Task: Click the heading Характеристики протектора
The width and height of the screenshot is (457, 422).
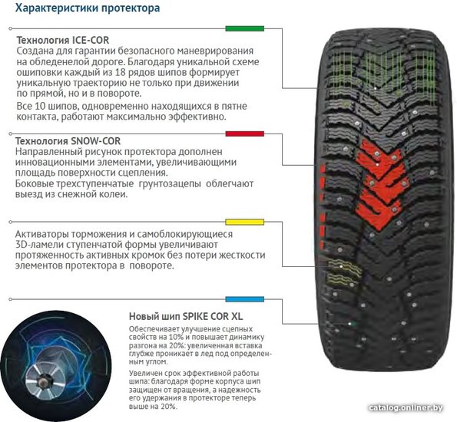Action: pyautogui.click(x=88, y=8)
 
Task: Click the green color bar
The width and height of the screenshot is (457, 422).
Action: pyautogui.click(x=244, y=28)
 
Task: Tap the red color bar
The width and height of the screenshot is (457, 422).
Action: pyautogui.click(x=244, y=134)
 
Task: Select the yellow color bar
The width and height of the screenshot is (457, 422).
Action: pyautogui.click(x=244, y=223)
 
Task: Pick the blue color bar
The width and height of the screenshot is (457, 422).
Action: pyautogui.click(x=244, y=299)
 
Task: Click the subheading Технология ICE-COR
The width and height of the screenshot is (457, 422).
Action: pyautogui.click(x=63, y=40)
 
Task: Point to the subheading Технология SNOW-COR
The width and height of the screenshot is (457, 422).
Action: pyautogui.click(x=68, y=141)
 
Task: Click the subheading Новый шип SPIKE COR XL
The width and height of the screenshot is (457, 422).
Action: pyautogui.click(x=186, y=316)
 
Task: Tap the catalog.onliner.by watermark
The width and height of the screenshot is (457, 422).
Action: pyautogui.click(x=406, y=408)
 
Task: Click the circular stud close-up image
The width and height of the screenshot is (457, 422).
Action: pyautogui.click(x=55, y=366)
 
